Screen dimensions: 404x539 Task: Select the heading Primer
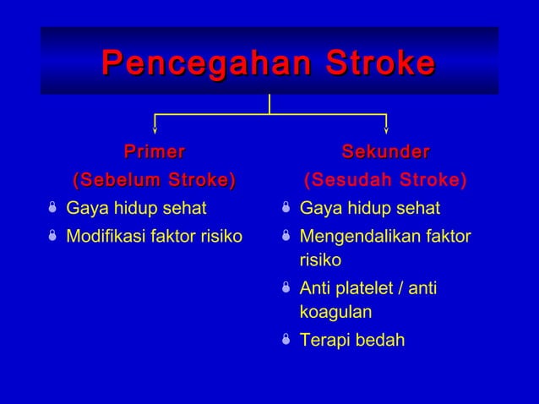[154, 152]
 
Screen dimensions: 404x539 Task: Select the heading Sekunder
[385, 152]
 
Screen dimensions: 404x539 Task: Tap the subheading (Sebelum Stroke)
[154, 180]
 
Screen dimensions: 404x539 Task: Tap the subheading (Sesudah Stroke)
[385, 180]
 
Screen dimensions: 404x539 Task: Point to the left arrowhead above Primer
[155, 130]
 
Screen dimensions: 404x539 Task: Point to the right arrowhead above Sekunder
[386, 130]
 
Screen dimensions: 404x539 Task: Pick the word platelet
[368, 289]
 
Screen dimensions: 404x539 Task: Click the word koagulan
[335, 312]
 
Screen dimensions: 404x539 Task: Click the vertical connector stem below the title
[269, 103]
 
